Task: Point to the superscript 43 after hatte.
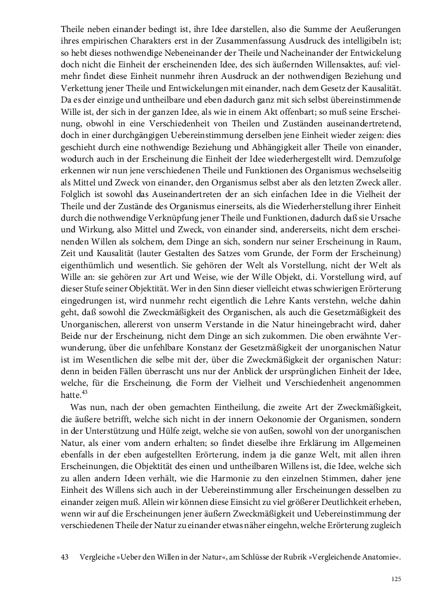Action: (84, 392)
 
